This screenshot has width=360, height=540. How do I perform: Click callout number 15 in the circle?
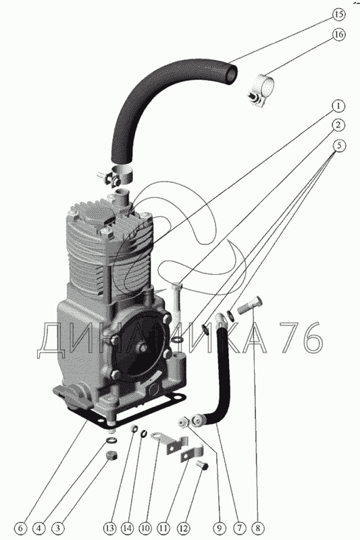(338, 14)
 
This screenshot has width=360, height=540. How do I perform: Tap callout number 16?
(338, 34)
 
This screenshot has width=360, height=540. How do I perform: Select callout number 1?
(338, 106)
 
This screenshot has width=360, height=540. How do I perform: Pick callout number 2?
(338, 125)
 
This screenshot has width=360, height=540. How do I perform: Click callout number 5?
(338, 146)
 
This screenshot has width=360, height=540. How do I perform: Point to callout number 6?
(21, 528)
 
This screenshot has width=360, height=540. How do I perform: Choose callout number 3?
(58, 528)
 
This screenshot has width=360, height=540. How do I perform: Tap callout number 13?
(109, 528)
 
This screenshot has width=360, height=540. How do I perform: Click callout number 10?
(145, 528)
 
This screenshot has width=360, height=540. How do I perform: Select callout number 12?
(183, 528)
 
